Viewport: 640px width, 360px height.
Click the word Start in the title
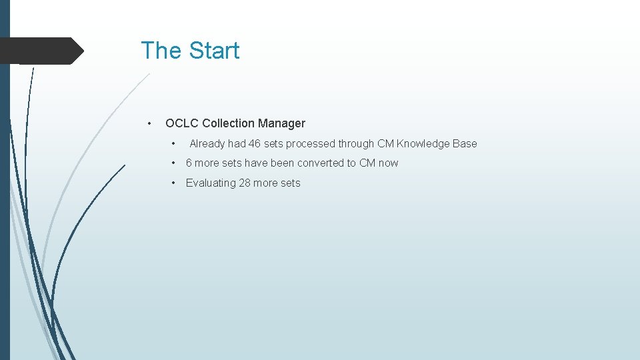click(x=213, y=51)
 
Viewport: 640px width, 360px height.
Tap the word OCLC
click(x=181, y=123)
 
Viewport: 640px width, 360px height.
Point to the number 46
click(x=255, y=143)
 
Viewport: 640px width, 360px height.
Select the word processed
click(x=310, y=143)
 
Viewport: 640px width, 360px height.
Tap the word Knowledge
click(x=423, y=143)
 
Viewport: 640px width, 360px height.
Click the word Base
click(x=465, y=143)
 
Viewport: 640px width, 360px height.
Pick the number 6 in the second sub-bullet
click(x=189, y=163)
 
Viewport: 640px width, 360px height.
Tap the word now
click(x=389, y=163)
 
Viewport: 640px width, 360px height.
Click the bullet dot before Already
click(x=173, y=143)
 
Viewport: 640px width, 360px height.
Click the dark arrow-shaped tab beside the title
click(x=40, y=51)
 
